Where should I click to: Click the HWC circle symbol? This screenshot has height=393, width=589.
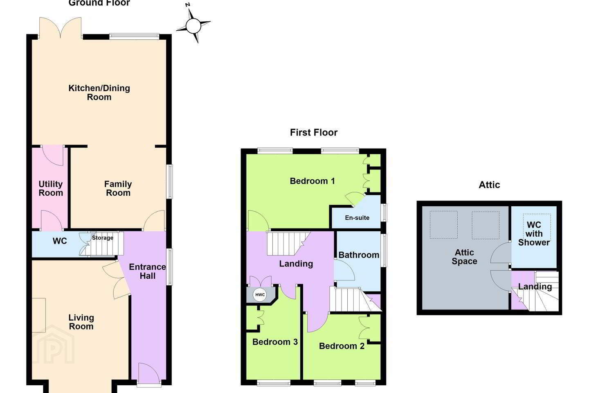(x=260, y=295)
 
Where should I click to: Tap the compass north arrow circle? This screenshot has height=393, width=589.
(x=193, y=26)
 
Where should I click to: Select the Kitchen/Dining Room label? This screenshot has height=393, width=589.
(x=99, y=93)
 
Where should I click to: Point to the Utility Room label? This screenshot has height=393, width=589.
(x=51, y=188)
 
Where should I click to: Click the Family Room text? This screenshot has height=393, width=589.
(x=118, y=188)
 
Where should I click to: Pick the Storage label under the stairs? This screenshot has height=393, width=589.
(x=103, y=238)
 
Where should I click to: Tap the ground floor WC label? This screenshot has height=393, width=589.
(x=60, y=241)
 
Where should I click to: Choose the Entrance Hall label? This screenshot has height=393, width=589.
(x=148, y=271)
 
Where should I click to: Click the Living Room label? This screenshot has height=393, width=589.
(x=81, y=322)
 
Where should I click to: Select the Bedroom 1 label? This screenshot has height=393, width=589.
(x=312, y=181)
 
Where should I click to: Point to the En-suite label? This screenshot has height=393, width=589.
(x=357, y=218)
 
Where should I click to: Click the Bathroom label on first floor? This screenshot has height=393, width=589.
(x=359, y=255)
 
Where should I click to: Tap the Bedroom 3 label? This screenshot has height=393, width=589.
(x=275, y=342)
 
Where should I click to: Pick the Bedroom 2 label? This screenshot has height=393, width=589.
(x=342, y=346)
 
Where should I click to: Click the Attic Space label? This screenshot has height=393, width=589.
(x=464, y=257)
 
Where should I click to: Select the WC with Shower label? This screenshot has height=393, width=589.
(x=534, y=233)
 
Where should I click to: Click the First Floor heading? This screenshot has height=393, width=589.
(x=314, y=132)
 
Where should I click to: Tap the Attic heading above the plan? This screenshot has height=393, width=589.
(x=489, y=185)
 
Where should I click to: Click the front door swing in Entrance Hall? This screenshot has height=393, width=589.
(x=149, y=373)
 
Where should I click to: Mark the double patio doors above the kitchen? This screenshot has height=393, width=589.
(x=60, y=28)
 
